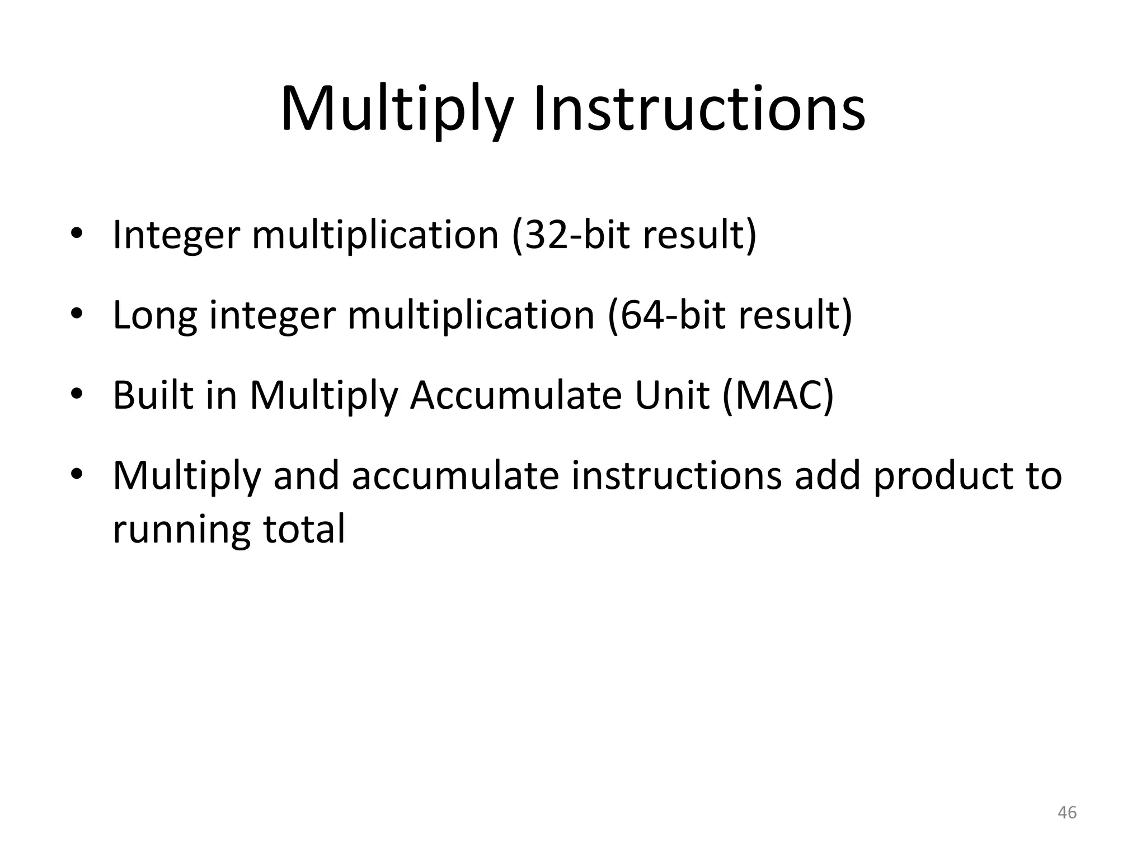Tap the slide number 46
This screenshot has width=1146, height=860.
[1067, 812]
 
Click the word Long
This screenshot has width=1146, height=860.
[155, 316]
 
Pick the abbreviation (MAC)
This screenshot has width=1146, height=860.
[778, 395]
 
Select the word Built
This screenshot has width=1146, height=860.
[153, 395]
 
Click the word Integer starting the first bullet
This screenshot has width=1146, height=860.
[176, 235]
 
